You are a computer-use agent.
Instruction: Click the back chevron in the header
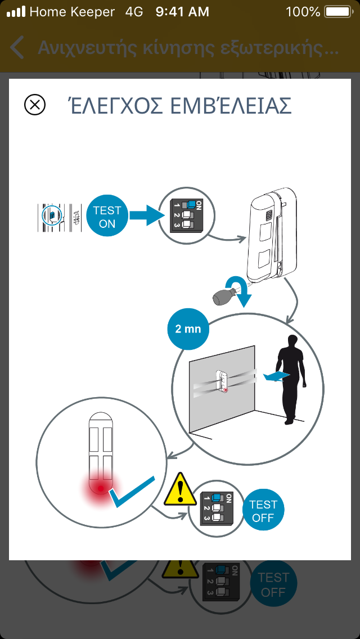pyautogui.click(x=17, y=48)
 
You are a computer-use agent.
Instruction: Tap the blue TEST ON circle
pyautogui.click(x=107, y=217)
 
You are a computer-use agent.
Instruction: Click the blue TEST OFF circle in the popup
pyautogui.click(x=263, y=510)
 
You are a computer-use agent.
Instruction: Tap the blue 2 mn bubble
pyautogui.click(x=188, y=329)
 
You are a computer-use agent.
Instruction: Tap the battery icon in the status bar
pyautogui.click(x=337, y=11)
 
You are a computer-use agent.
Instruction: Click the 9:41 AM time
pyautogui.click(x=182, y=11)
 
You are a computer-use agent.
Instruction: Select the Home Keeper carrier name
pyautogui.click(x=72, y=11)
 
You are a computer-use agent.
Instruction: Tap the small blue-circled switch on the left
pyautogui.click(x=51, y=215)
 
